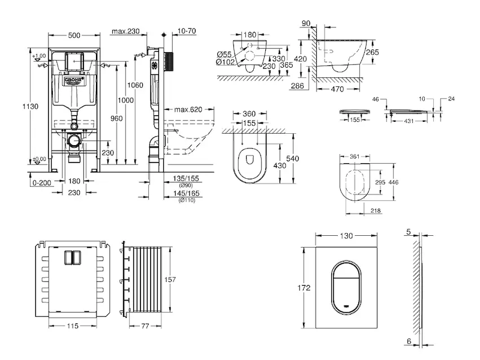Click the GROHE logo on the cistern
click(x=73, y=80)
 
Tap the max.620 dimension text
click(x=188, y=110)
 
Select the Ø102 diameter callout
click(x=225, y=62)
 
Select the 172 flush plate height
click(x=305, y=288)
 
